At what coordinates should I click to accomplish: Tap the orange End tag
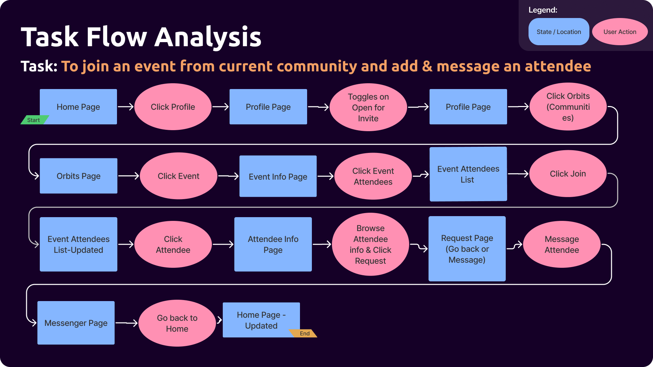coord(303,333)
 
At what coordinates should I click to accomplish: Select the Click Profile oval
coord(173,107)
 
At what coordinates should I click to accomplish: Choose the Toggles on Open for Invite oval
coord(368,107)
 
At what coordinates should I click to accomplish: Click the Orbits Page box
coord(79,176)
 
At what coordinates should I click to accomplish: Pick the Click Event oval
coord(179,176)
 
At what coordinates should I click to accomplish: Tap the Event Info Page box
coord(278,176)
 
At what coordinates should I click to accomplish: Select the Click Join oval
coord(568,174)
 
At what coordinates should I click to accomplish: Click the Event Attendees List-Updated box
coord(79,244)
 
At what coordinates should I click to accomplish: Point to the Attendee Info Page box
coord(273,244)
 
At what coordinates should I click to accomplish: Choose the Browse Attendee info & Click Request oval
coord(370,244)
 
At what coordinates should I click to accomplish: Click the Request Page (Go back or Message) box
coord(467,249)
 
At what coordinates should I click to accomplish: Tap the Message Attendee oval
coord(562,244)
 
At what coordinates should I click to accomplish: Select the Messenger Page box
coord(76,323)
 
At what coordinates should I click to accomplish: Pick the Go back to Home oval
coord(177,323)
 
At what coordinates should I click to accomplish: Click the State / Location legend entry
coord(559,32)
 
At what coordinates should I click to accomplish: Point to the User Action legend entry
coord(620,32)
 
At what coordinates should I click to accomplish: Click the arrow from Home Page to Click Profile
coord(125,107)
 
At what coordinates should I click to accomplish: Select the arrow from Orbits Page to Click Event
coord(129,176)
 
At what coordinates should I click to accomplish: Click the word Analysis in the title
coord(208,37)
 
